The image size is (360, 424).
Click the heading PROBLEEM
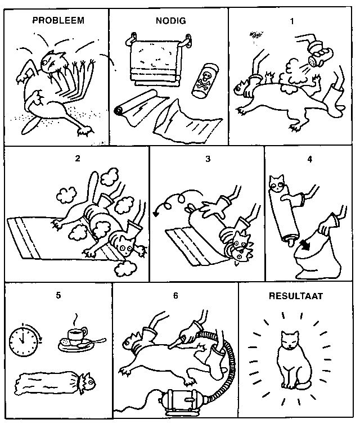pos(58,20)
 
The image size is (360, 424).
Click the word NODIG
pos(171,21)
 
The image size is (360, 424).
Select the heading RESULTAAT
pos(296,296)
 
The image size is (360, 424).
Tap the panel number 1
pos(292,21)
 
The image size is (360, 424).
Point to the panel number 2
pos(78,159)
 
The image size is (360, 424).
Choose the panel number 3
pos(208,159)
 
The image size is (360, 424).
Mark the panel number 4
pos(310,159)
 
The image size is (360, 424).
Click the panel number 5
pos(58,295)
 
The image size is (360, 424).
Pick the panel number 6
pos(175,296)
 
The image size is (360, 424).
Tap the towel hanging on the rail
pos(155,61)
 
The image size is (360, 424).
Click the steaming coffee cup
pos(77,335)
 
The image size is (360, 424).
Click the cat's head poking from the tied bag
pos(87,382)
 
